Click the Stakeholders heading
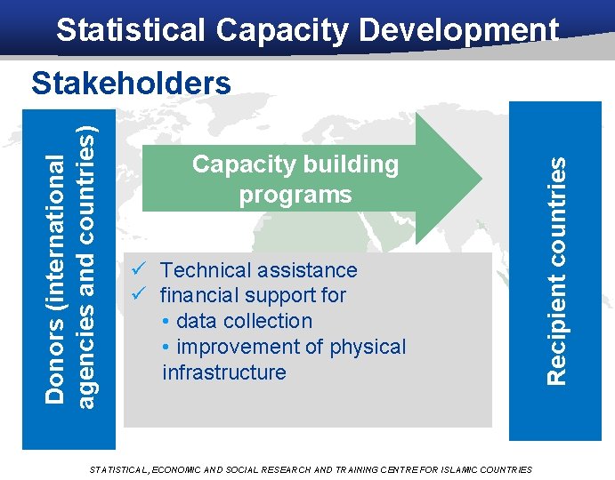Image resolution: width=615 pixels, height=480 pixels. tap(131, 84)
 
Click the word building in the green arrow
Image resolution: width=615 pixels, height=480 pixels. tap(352, 164)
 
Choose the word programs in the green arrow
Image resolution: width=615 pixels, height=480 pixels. tap(295, 195)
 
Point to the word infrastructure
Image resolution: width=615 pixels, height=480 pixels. tap(224, 372)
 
